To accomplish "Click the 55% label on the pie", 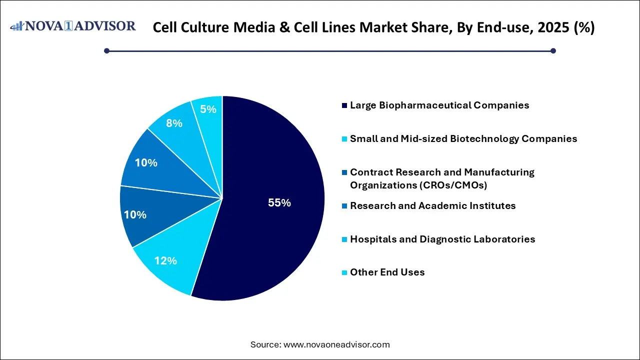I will (x=279, y=203).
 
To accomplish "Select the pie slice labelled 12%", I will (x=165, y=260).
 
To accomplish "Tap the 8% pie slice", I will (x=174, y=123).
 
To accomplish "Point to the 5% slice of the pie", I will (x=208, y=109).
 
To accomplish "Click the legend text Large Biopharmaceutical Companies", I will (x=439, y=105).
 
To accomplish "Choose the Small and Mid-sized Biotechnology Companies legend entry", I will (x=463, y=139).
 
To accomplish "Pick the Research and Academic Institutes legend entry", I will (x=432, y=206).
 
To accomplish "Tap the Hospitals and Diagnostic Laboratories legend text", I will (x=442, y=239).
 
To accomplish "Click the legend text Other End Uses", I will (x=387, y=272).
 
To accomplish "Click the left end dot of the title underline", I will (x=106, y=50).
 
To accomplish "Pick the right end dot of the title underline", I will (x=553, y=50).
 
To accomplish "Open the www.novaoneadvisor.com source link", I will (x=336, y=344).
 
